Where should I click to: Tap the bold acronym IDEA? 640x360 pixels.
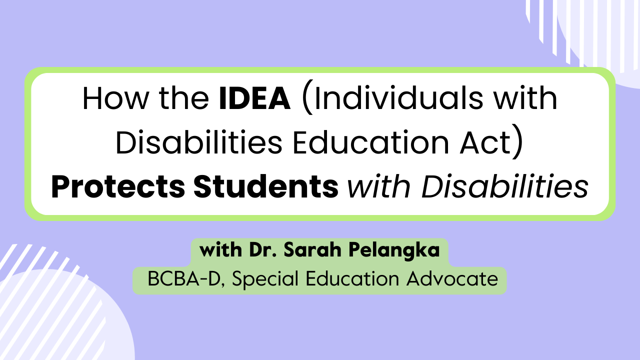pyautogui.click(x=255, y=99)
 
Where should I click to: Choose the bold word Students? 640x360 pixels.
pyautogui.click(x=265, y=187)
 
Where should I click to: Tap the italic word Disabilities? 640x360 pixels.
pyautogui.click(x=504, y=187)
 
